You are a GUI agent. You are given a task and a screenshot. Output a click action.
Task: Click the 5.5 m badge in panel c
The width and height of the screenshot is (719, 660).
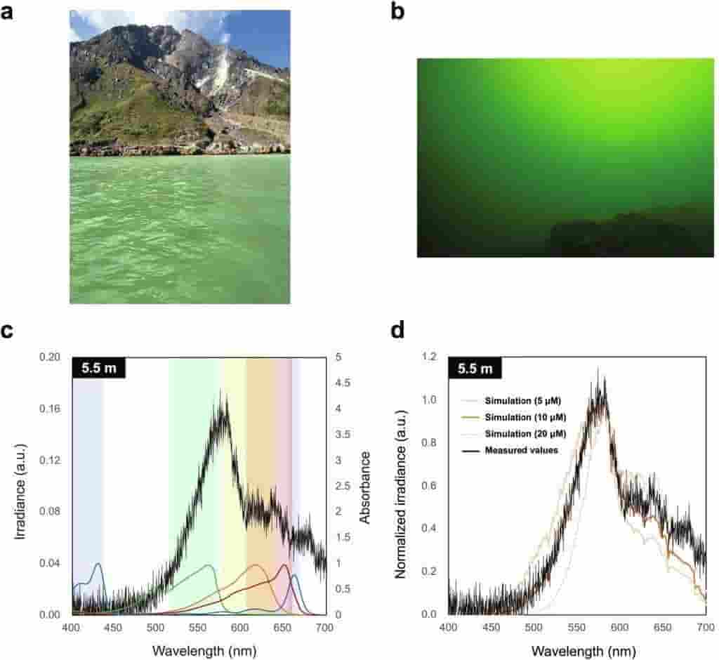99,368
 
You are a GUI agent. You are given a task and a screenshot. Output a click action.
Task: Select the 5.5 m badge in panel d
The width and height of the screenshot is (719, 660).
475,368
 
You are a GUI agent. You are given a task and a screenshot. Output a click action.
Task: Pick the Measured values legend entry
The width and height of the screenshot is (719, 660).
521,450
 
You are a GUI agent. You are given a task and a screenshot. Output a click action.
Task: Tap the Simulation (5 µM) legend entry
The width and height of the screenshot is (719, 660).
523,401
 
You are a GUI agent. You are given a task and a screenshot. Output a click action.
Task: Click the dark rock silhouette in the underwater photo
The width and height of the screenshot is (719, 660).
618,235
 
